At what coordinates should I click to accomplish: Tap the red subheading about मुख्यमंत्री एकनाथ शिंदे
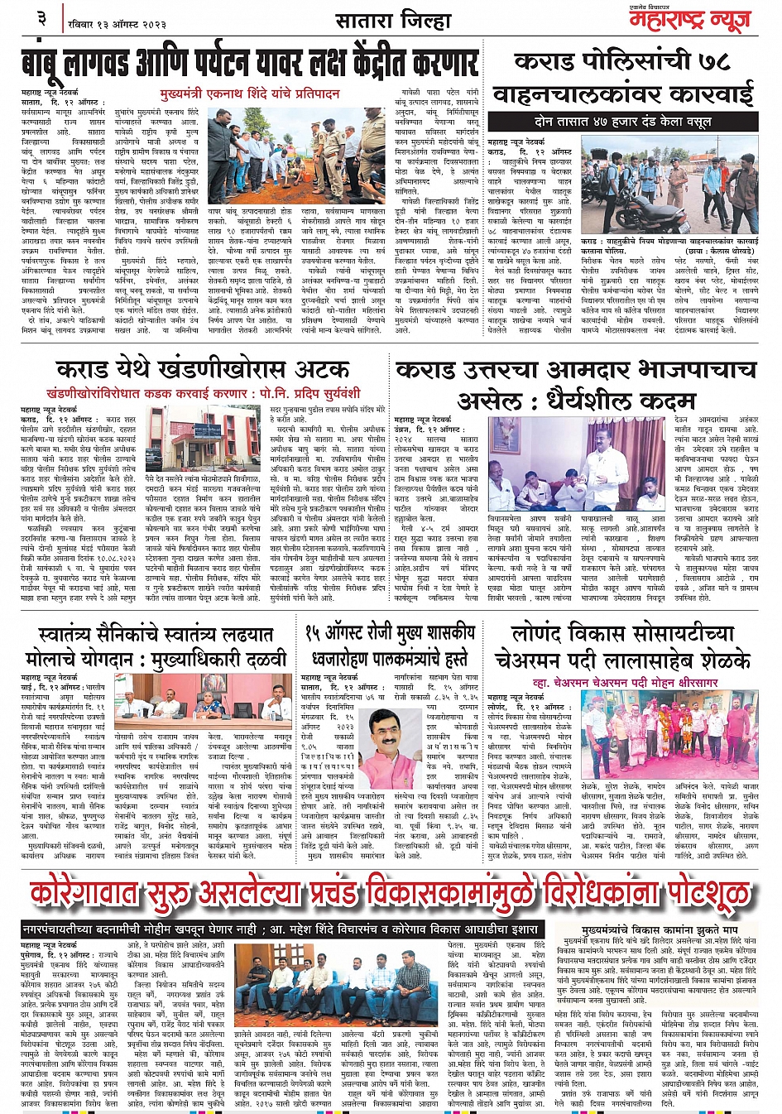[x=252, y=94]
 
